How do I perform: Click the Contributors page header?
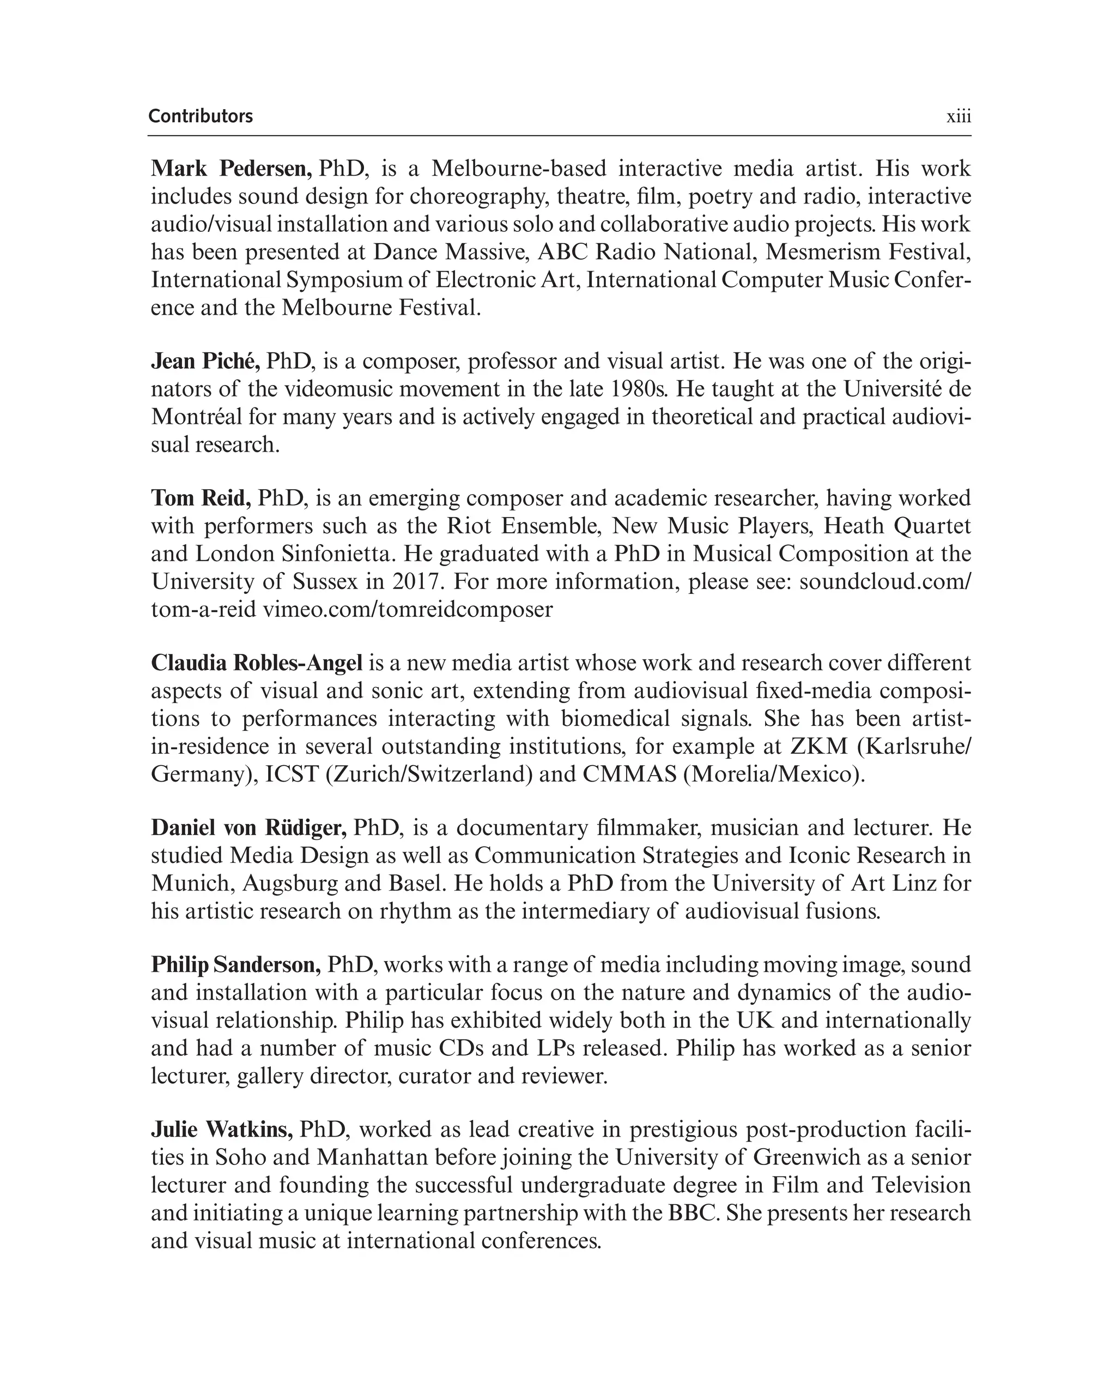201,116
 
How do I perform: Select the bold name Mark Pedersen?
232,169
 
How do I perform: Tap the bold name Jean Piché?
205,362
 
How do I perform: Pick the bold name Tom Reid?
201,498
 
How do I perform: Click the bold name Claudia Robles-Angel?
257,663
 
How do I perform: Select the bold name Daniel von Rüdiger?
249,827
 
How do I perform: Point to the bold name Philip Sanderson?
236,965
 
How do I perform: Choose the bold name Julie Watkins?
222,1130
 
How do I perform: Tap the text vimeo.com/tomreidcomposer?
408,609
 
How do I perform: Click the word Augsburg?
290,883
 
